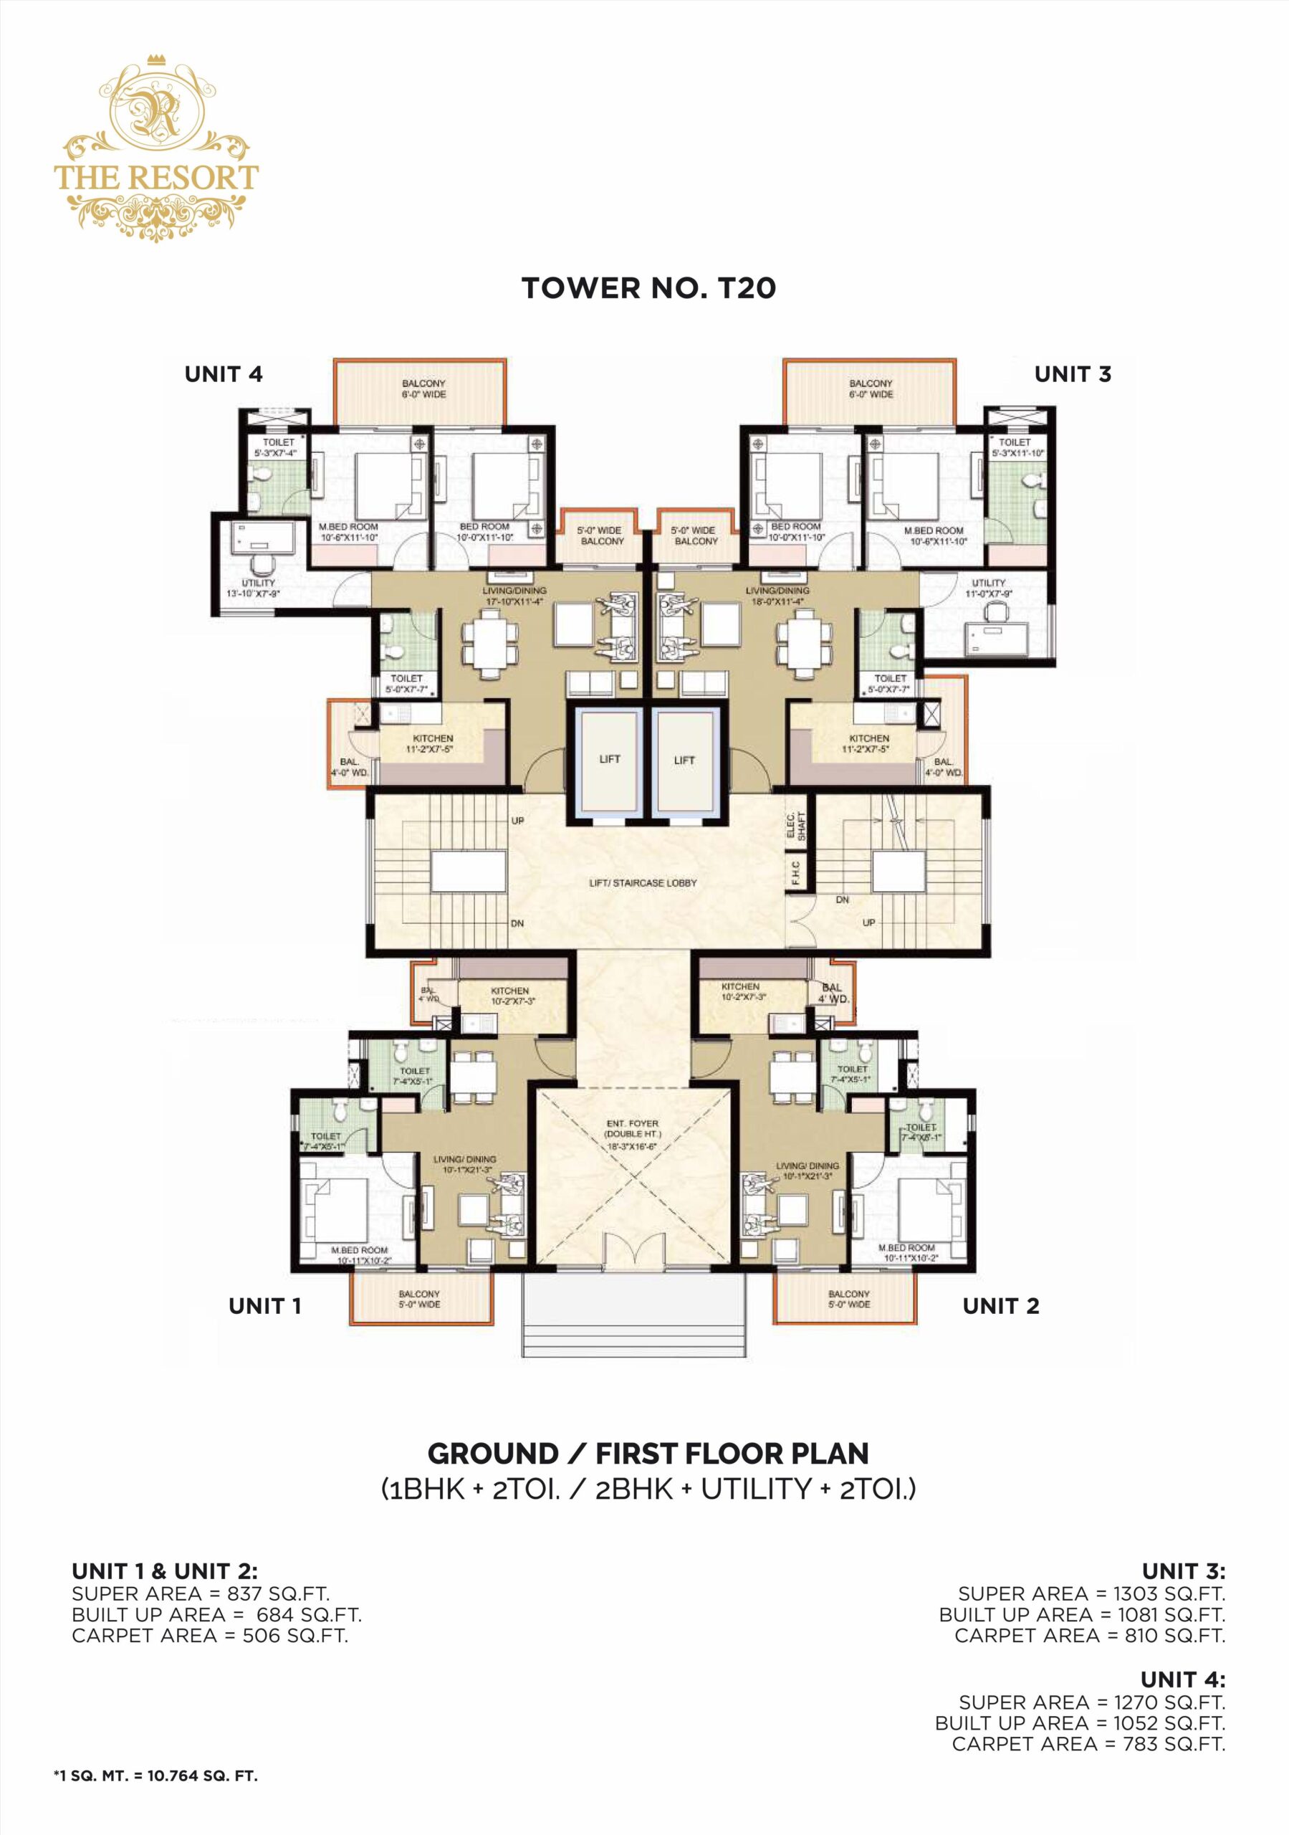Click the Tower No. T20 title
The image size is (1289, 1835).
pos(648,289)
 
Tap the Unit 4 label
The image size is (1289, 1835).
pos(223,374)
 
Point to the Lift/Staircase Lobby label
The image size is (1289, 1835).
pos(643,883)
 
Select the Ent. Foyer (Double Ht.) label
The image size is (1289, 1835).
pos(631,1134)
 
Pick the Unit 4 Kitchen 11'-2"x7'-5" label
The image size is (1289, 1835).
pos(432,744)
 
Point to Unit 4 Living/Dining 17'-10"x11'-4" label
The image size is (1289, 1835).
pos(514,596)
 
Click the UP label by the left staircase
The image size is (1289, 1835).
pos(517,821)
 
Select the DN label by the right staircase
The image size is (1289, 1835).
pos(843,900)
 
